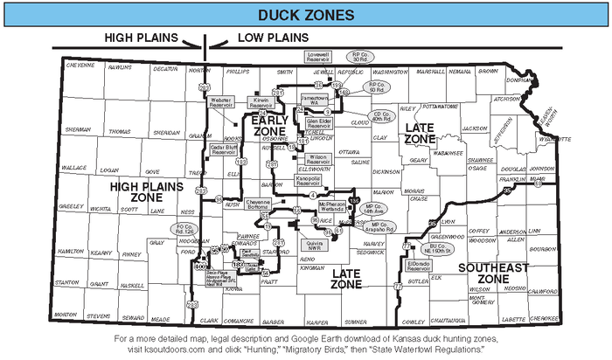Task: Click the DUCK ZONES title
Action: [305, 15]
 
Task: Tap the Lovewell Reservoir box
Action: [323, 56]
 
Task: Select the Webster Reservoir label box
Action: [223, 103]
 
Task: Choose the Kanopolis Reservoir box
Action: [310, 181]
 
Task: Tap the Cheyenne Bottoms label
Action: [265, 203]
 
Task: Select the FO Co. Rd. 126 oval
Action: [184, 229]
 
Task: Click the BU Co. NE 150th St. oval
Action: [454, 249]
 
